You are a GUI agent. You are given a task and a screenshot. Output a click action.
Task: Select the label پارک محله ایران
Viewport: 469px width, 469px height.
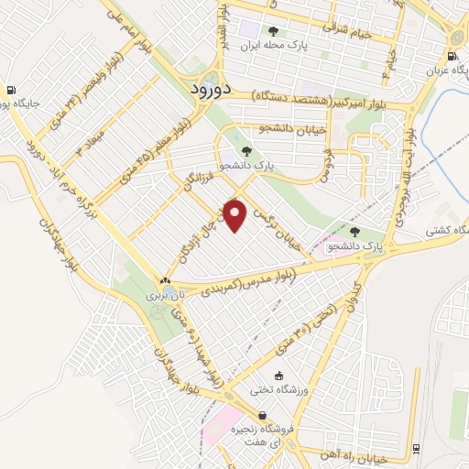[271, 43]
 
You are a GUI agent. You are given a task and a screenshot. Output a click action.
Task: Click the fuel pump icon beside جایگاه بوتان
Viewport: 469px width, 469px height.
[11, 90]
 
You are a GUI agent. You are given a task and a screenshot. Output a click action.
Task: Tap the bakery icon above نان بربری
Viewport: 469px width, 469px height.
[165, 281]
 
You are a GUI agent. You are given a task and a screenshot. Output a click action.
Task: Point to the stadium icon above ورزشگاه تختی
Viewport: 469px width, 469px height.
[279, 375]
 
